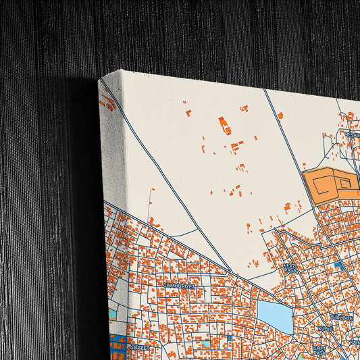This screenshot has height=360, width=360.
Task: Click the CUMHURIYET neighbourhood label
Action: [179, 286]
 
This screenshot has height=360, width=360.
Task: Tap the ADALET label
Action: [139, 346]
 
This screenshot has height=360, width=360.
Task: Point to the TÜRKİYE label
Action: [341, 317]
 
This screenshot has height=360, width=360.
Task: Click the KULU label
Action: [326, 330]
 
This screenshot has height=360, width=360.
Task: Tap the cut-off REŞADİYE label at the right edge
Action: [353, 134]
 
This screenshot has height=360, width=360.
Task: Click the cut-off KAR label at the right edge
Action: [354, 342]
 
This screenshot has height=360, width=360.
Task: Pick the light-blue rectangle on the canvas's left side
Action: [112, 314]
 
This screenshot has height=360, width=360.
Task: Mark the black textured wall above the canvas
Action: [203, 34]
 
